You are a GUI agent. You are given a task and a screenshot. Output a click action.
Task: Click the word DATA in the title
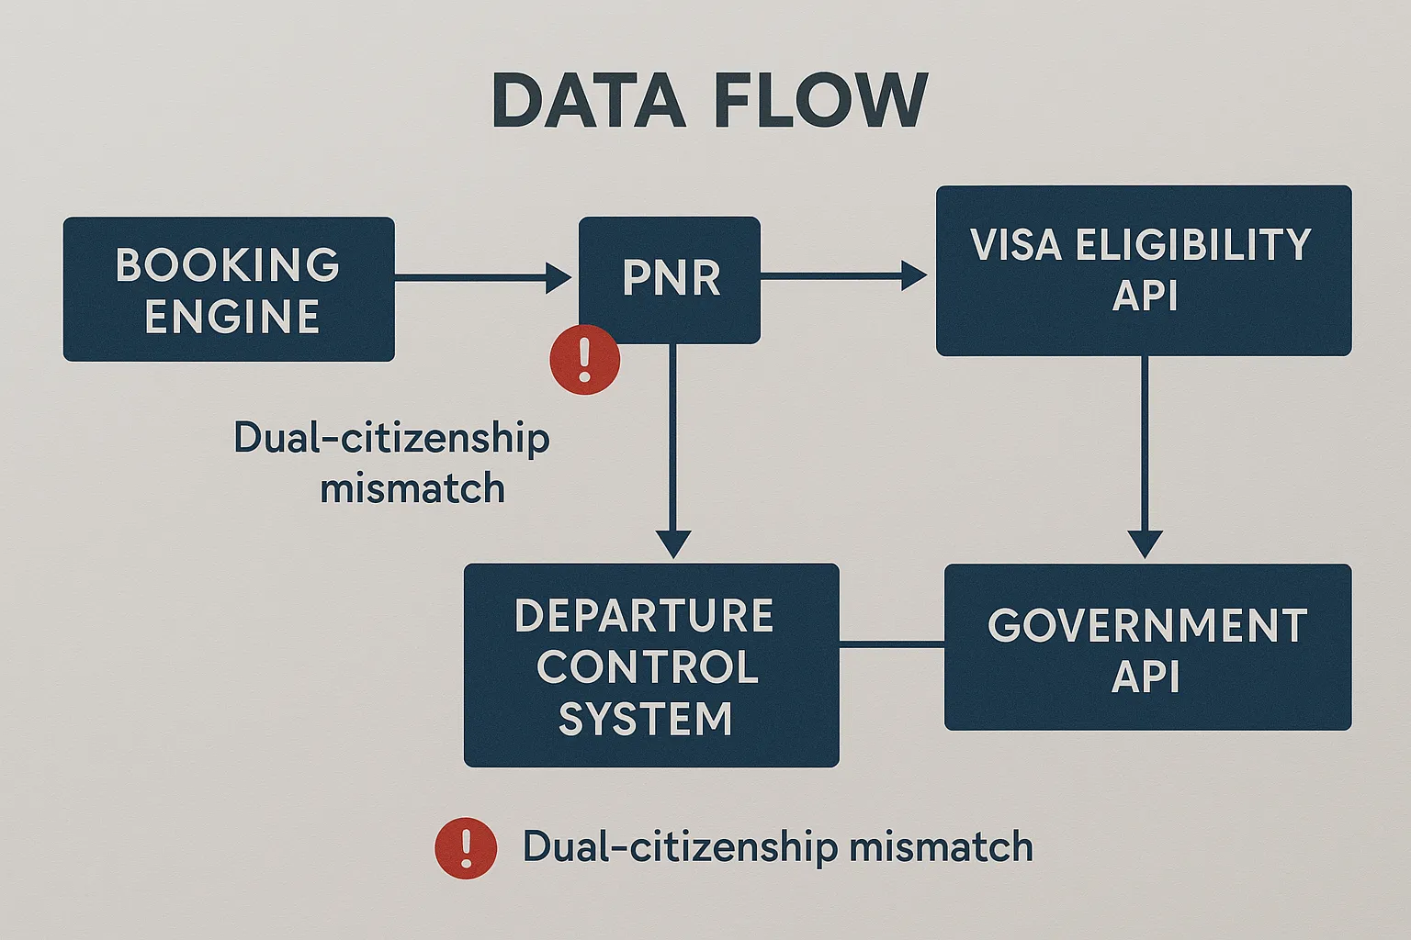(x=589, y=100)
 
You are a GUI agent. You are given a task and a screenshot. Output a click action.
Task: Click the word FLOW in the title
(x=820, y=100)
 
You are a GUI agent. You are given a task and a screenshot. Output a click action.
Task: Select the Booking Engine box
(x=229, y=289)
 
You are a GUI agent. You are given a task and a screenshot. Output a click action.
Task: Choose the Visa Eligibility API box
(x=1143, y=271)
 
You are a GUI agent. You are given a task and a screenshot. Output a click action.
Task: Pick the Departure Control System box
(x=650, y=666)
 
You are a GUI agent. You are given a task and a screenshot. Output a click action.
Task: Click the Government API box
(x=1147, y=647)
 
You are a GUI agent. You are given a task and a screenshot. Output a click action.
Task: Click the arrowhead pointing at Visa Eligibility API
(x=914, y=275)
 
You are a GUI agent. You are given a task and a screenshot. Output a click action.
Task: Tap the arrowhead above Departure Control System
(x=673, y=543)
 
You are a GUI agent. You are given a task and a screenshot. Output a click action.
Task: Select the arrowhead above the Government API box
(x=1145, y=543)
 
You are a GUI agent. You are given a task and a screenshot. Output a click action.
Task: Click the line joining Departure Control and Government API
(x=891, y=646)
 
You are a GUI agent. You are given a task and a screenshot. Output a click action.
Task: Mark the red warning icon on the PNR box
(x=585, y=360)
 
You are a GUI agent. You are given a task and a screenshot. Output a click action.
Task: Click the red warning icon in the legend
(x=466, y=848)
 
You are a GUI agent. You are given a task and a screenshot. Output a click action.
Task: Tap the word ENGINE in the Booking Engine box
(x=232, y=318)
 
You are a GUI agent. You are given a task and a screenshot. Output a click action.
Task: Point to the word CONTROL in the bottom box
(x=648, y=667)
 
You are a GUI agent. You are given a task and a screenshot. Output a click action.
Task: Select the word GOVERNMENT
(x=1147, y=627)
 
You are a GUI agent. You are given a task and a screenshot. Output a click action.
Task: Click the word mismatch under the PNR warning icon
(x=412, y=488)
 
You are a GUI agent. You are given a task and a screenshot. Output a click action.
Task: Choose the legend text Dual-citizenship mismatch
(x=777, y=846)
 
